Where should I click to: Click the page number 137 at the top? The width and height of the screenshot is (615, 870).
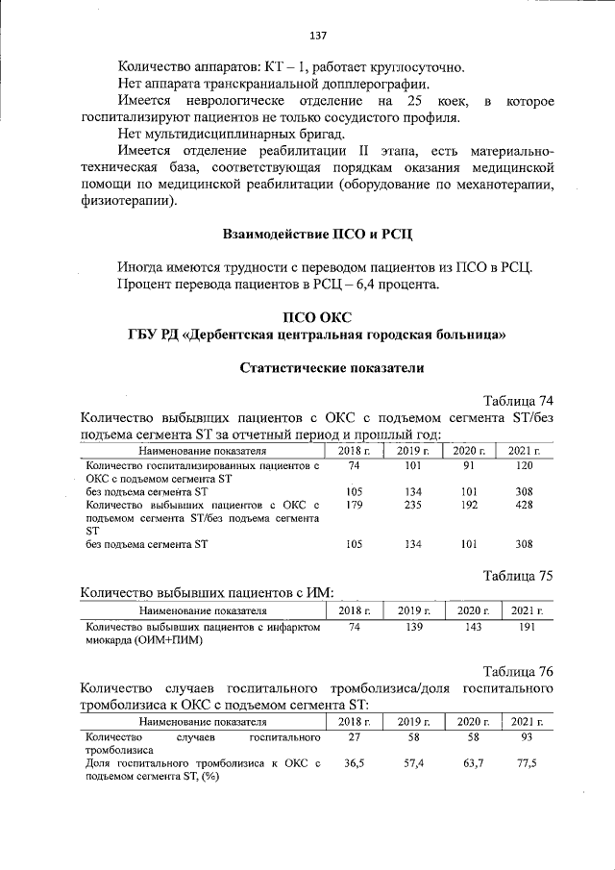tap(318, 36)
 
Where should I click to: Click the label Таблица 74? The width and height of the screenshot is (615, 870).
tap(516, 401)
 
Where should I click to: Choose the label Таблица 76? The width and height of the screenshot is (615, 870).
tap(516, 670)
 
